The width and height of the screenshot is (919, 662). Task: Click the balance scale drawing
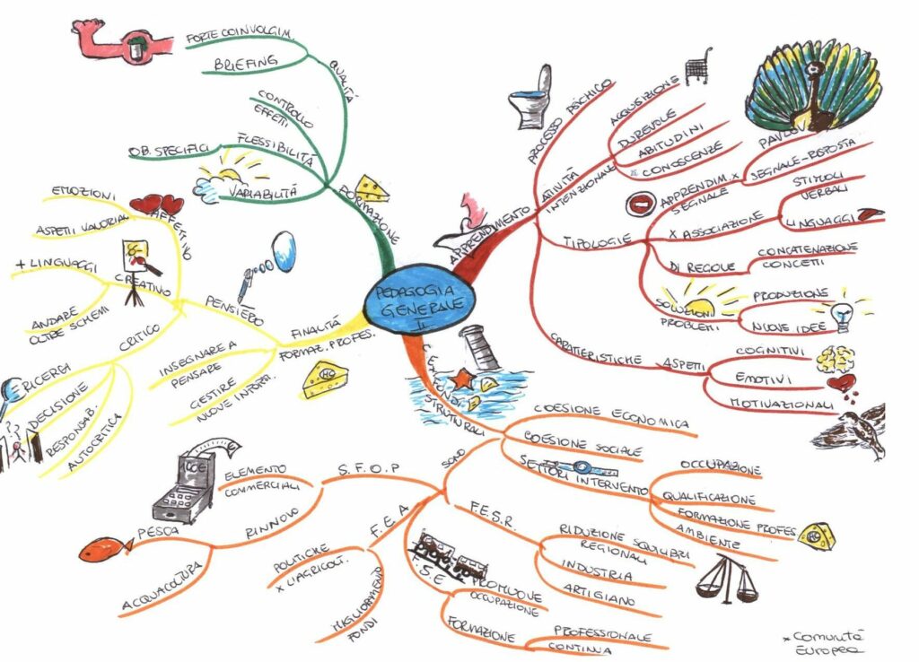(726, 579)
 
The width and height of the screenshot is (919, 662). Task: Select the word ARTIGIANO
(600, 593)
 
